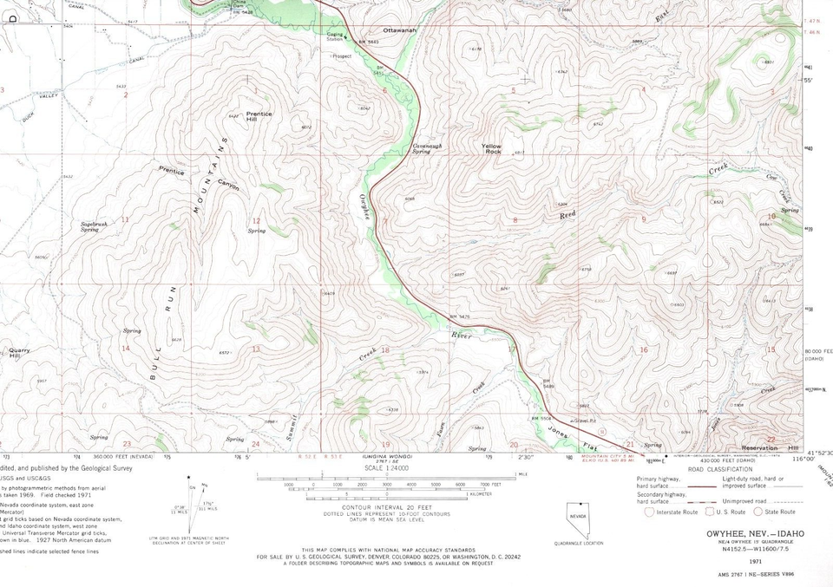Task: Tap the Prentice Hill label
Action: pos(259,116)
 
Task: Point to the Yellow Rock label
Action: pos(492,148)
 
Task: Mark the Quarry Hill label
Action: pos(18,353)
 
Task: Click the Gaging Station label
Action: pos(335,37)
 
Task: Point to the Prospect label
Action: pos(342,55)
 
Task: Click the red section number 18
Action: pos(385,350)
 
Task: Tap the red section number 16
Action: pos(643,350)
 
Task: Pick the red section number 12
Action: pos(256,220)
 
